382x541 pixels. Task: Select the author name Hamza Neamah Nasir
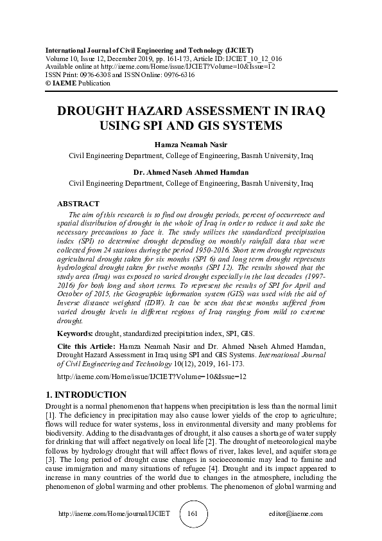click(191, 145)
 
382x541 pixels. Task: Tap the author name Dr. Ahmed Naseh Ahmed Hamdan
click(191, 173)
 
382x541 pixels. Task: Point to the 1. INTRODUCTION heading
click(87, 395)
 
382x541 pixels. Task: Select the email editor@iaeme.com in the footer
click(296, 515)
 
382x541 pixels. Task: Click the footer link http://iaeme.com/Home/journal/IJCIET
click(114, 515)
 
